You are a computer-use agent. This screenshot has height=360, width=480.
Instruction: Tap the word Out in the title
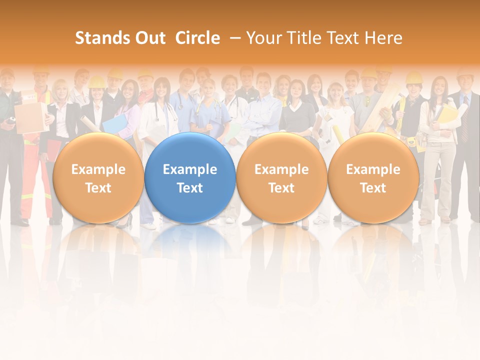148,38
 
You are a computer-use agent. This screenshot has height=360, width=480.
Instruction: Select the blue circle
190,178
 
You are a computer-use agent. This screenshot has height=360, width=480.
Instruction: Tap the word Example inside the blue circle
190,169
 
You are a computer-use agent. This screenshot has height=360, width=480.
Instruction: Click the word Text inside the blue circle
190,188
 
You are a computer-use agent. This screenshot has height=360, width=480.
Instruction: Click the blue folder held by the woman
114,125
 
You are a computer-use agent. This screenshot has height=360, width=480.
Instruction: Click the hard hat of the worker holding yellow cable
414,77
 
